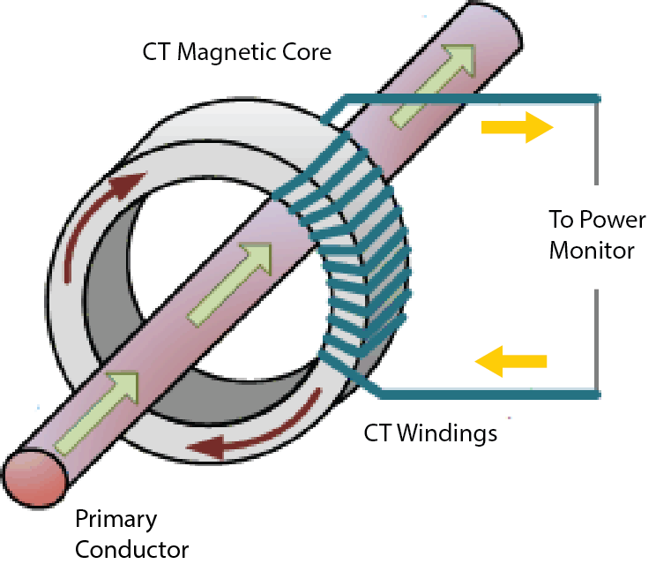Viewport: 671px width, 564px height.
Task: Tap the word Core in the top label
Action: pyautogui.click(x=307, y=52)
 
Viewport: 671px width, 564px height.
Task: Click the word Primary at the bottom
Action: pyautogui.click(x=115, y=518)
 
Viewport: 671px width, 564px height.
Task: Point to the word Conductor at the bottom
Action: pyautogui.click(x=131, y=549)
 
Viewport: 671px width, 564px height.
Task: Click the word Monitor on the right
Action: pyautogui.click(x=591, y=250)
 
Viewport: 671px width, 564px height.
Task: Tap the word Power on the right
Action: pyautogui.click(x=611, y=220)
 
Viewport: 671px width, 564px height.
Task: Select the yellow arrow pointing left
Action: pyautogui.click(x=511, y=360)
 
